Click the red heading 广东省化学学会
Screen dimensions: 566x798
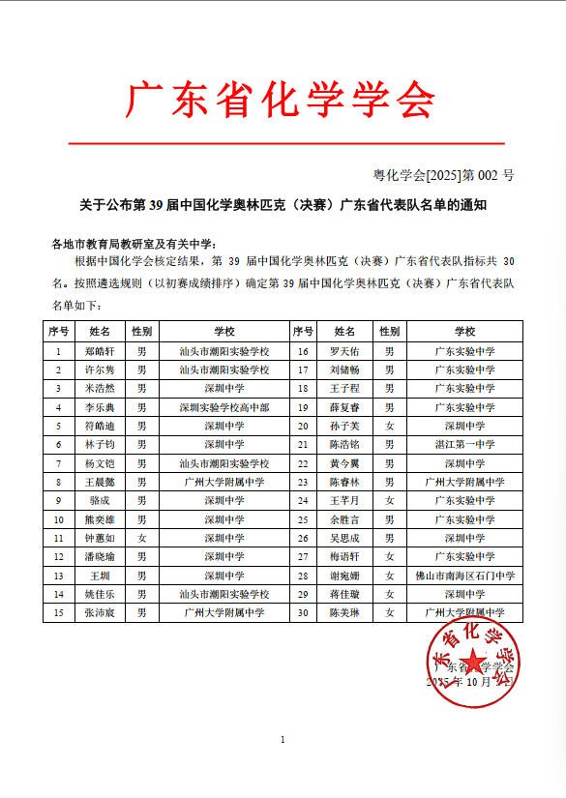tap(282, 100)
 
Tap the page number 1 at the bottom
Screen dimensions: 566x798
tap(283, 740)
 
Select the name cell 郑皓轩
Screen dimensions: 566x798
tap(100, 351)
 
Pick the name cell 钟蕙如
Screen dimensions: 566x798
tap(100, 538)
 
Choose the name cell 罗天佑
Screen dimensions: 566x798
tap(344, 351)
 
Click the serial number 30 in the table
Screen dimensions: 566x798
tap(303, 613)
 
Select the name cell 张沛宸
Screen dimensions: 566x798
tap(100, 613)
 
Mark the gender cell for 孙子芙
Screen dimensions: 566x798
tap(390, 426)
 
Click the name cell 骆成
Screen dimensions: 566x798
tap(100, 500)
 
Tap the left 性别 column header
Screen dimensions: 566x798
tap(142, 332)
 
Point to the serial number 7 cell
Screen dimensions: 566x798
tap(59, 463)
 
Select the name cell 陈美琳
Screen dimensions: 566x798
tap(344, 613)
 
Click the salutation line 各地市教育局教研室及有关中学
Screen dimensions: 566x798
tap(134, 243)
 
